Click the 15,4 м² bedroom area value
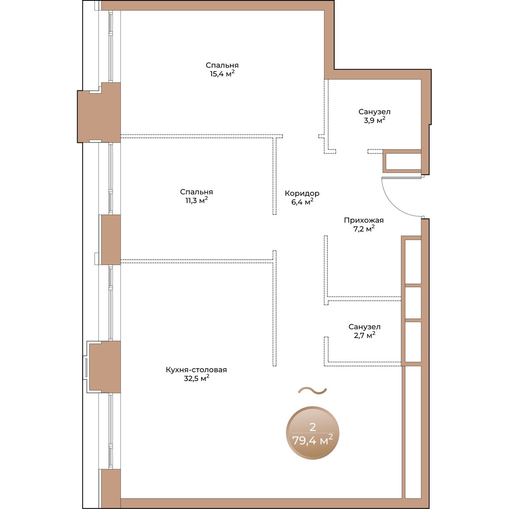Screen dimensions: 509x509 click(x=222, y=74)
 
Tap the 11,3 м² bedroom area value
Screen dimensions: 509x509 click(x=196, y=201)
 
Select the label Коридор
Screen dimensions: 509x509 click(x=302, y=193)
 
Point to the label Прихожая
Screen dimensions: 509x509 click(x=364, y=220)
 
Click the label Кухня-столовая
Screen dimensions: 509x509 click(x=196, y=369)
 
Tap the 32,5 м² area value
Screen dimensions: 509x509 click(x=196, y=378)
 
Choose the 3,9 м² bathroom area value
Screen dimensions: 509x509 click(x=374, y=120)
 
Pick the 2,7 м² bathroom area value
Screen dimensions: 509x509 click(x=364, y=335)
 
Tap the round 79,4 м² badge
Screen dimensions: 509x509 click(x=313, y=436)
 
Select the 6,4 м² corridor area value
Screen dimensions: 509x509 click(x=302, y=202)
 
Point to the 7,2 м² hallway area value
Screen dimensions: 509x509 click(x=364, y=229)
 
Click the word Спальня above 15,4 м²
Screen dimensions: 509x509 click(x=222, y=65)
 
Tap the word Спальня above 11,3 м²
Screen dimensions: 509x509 click(x=196, y=192)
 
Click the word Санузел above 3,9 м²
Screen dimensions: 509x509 click(x=374, y=112)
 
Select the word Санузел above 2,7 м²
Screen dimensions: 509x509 click(x=364, y=327)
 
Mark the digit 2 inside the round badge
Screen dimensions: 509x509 click(x=313, y=427)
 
